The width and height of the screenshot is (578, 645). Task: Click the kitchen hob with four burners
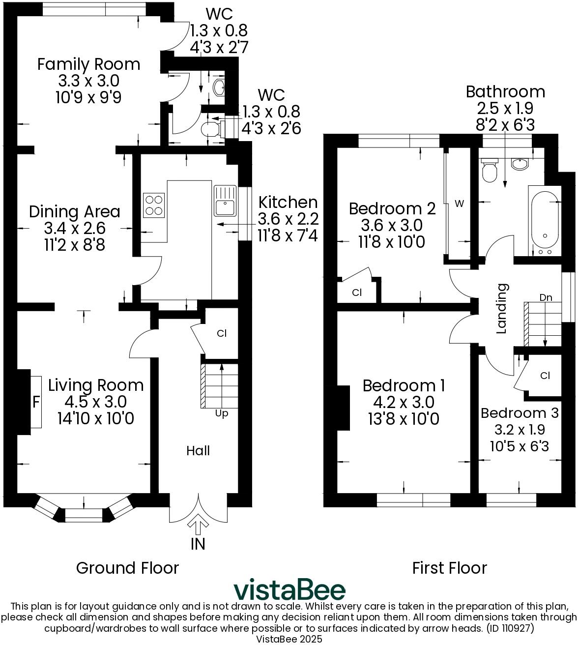[154, 205]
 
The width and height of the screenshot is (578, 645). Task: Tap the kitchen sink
[226, 201]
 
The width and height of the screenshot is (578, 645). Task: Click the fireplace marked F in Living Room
[36, 402]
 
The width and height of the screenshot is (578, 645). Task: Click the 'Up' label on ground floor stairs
[222, 414]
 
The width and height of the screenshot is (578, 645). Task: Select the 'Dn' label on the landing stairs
[546, 297]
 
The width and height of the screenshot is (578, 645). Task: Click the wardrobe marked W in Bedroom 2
[459, 204]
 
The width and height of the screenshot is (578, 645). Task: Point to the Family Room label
[89, 64]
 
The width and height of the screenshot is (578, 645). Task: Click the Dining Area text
[75, 212]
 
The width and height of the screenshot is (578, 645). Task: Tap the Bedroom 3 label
[520, 413]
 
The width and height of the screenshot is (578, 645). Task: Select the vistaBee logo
[289, 590]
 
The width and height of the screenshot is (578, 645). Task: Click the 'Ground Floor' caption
[127, 568]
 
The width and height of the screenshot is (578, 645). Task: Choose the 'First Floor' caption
[449, 568]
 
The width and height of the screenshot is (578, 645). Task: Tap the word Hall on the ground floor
[198, 451]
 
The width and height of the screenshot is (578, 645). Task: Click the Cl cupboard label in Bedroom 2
[357, 293]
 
